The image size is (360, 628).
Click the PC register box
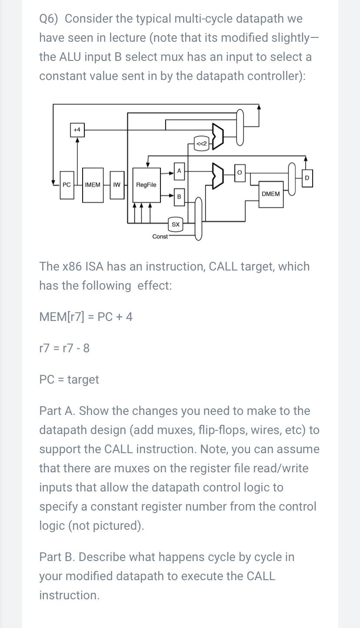67,185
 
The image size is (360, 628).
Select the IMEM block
93,185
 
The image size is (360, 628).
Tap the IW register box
117,185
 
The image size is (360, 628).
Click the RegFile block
146,185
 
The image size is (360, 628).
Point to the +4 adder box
77,130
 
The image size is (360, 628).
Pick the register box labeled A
179,171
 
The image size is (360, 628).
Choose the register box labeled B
179,197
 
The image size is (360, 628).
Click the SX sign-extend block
176,224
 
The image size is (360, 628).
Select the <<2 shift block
202,144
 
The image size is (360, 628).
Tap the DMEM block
271,194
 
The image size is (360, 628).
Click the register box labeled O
240,172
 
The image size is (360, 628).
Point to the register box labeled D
307,178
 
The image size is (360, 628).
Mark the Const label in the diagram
160,237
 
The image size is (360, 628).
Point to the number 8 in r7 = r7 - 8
86,348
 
